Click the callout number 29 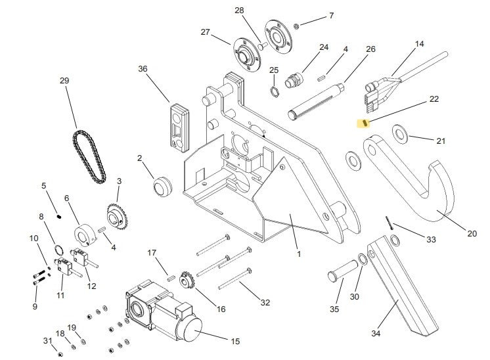64,81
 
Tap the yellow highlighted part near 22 363,122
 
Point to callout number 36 143,69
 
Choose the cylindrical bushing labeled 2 162,187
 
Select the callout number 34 376,333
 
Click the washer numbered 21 400,135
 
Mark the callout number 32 265,302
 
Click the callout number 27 205,32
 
